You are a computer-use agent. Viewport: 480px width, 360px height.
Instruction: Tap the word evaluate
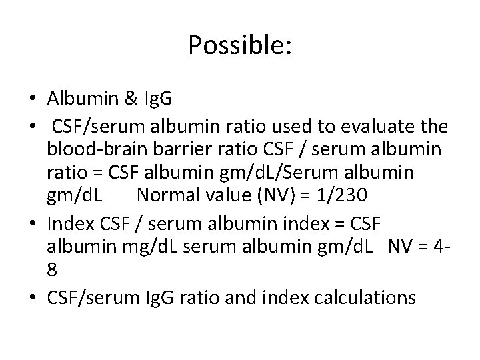click(367, 126)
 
